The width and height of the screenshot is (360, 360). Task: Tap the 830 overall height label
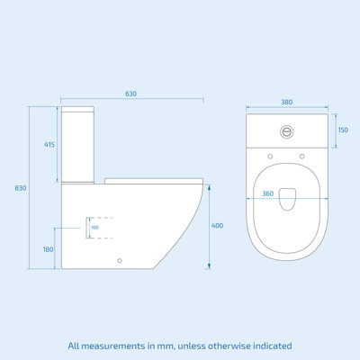[x=21, y=188]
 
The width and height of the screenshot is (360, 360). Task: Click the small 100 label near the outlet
[x=94, y=227]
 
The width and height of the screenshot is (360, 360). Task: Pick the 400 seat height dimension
[x=217, y=225]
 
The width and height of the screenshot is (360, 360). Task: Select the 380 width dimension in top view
[x=286, y=102]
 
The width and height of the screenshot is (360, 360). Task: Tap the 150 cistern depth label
[x=342, y=130]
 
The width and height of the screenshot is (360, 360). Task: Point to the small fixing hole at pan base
[x=120, y=262]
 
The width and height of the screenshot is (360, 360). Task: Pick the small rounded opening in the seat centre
[x=286, y=200]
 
